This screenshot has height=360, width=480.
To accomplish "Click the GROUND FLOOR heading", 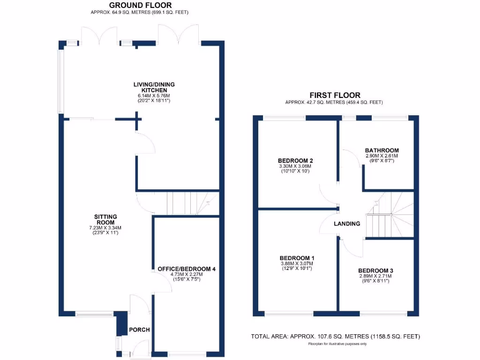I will (x=141, y=5).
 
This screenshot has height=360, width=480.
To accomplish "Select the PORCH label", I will (x=139, y=330).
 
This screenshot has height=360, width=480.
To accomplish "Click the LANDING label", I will (x=347, y=224).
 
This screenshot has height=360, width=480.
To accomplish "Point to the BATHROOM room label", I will (x=382, y=150).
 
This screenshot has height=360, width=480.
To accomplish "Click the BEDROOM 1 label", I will (x=297, y=258).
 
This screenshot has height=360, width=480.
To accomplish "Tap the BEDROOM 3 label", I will (x=375, y=270).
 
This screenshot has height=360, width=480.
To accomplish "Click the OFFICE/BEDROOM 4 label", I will (x=184, y=269).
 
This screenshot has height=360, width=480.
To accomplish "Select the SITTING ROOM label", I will (x=105, y=219).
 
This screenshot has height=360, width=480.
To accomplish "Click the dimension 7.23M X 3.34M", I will (x=105, y=228).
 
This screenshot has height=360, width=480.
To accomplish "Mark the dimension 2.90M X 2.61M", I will (x=382, y=156).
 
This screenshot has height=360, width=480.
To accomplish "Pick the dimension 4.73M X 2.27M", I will (x=184, y=275).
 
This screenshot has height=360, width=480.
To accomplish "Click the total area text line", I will (x=336, y=337).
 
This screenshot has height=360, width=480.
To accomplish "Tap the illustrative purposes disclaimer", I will (x=337, y=344).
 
